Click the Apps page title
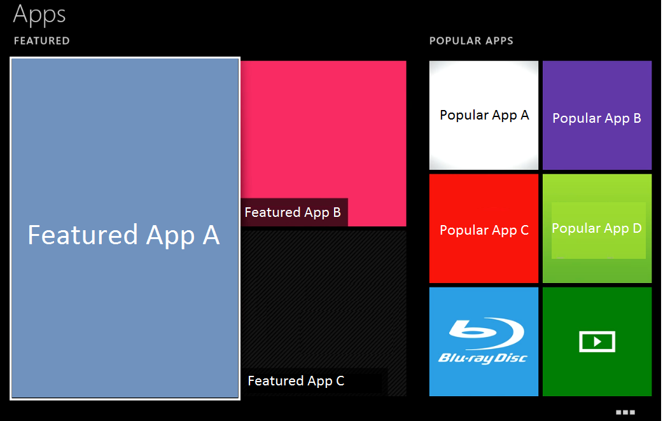[39, 14]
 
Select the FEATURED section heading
[41, 41]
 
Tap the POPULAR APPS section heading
[471, 41]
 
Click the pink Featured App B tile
[323, 127]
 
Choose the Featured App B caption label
[293, 212]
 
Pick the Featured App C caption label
[296, 381]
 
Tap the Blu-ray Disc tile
[484, 342]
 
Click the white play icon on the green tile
[597, 342]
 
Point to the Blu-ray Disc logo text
[483, 358]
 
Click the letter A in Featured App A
[211, 235]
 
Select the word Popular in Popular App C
[460, 230]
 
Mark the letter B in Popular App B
[636, 118]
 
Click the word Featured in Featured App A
[83, 235]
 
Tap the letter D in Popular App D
[636, 228]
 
